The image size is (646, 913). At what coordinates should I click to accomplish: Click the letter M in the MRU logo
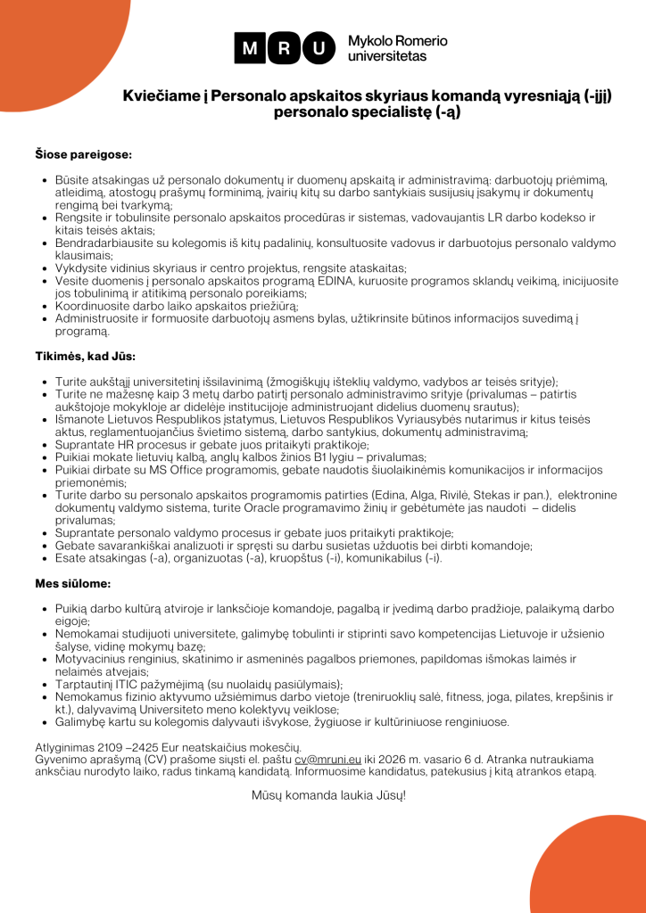pos(250,48)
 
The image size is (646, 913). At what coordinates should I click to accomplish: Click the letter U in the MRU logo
pos(315,48)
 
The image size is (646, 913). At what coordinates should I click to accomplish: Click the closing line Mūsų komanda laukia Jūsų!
pos(328,793)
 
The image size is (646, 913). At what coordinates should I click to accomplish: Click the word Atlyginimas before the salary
pos(51,746)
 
